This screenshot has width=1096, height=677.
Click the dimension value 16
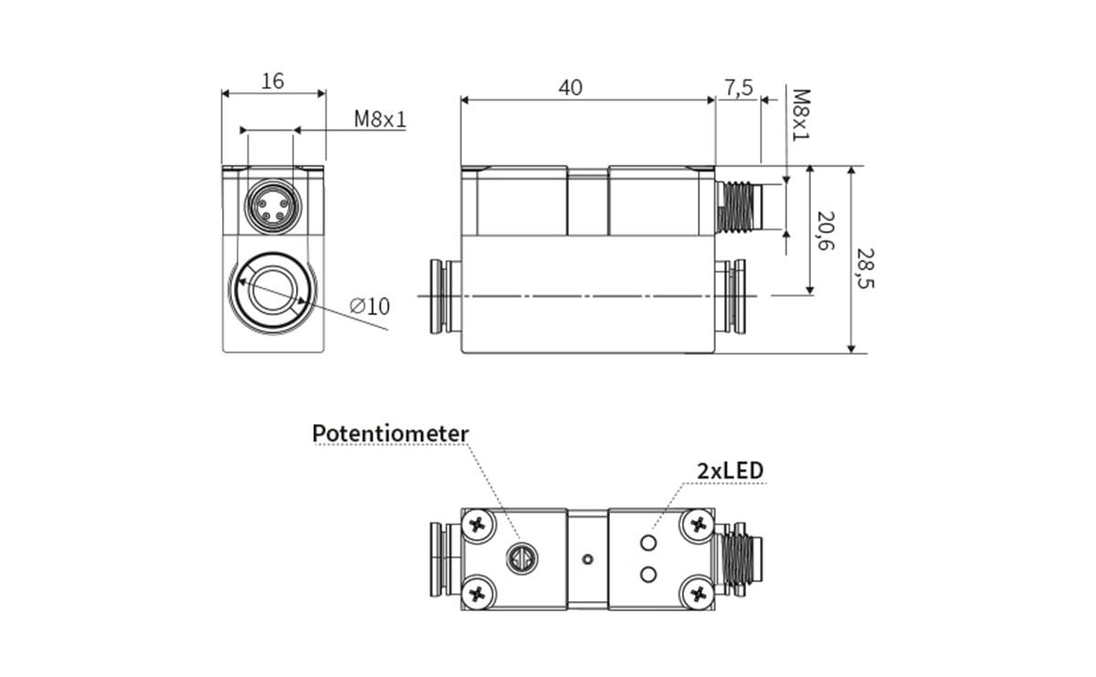272,80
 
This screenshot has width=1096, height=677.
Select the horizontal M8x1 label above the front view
380,120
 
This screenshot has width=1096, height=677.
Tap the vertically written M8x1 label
800,114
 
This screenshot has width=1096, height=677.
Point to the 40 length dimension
571,87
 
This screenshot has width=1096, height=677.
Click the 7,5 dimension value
738,87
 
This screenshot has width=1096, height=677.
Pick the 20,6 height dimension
826,232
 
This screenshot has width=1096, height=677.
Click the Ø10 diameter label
370,306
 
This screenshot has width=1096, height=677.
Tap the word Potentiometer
390,433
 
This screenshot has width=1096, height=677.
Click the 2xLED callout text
730,471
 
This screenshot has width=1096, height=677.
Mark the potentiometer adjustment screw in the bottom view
522,556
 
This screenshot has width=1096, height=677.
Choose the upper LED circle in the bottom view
649,544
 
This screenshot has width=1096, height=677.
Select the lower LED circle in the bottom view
649,574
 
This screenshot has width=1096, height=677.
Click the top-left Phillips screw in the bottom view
479,524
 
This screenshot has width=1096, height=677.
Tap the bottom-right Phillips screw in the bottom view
700,593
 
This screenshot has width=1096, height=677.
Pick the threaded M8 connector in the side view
738,206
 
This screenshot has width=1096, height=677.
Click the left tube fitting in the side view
445,295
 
